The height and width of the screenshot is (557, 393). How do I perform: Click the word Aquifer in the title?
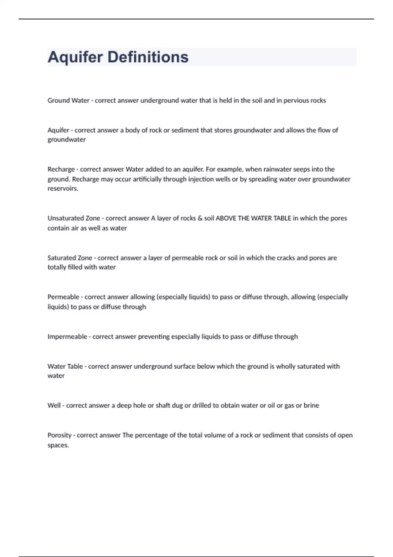75,57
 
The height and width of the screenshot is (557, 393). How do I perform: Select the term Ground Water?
68,101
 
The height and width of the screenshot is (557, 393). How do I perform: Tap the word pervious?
296,101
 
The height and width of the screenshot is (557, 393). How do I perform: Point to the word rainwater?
277,169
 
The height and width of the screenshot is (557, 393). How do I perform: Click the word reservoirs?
63,189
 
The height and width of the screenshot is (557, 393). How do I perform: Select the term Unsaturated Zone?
74,218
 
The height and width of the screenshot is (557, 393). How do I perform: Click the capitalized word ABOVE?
226,218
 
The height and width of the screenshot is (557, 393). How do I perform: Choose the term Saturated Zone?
70,258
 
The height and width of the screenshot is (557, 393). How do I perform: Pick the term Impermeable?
67,337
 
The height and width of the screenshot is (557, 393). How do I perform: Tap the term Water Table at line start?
65,366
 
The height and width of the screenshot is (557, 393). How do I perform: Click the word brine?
311,406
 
